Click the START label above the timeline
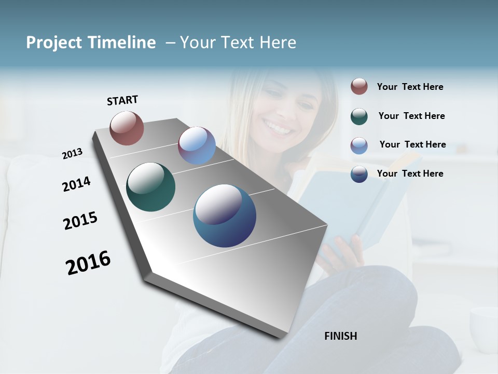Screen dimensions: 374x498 coord(122,100)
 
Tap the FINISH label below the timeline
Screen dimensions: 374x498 coord(341,336)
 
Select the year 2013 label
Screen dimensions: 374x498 coord(72,153)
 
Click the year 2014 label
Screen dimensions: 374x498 coord(76,184)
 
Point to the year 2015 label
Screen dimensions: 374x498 coord(80,221)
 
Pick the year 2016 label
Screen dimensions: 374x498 coord(88,262)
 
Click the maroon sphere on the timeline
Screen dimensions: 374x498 coord(127,128)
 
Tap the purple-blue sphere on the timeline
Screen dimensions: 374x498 coord(197,145)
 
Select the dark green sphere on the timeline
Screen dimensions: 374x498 coord(150,187)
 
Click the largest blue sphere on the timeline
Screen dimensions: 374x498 coord(225,216)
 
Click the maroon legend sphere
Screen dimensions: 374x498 coord(359,86)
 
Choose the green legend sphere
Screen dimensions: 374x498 coord(359,116)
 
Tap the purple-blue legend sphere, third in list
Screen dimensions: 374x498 coord(359,145)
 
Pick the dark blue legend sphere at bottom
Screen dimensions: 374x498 coord(359,174)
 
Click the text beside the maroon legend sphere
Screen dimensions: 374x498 coord(410,87)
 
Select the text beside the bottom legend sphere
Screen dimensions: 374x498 coord(410,173)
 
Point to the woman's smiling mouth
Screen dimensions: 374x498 coord(278,126)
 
